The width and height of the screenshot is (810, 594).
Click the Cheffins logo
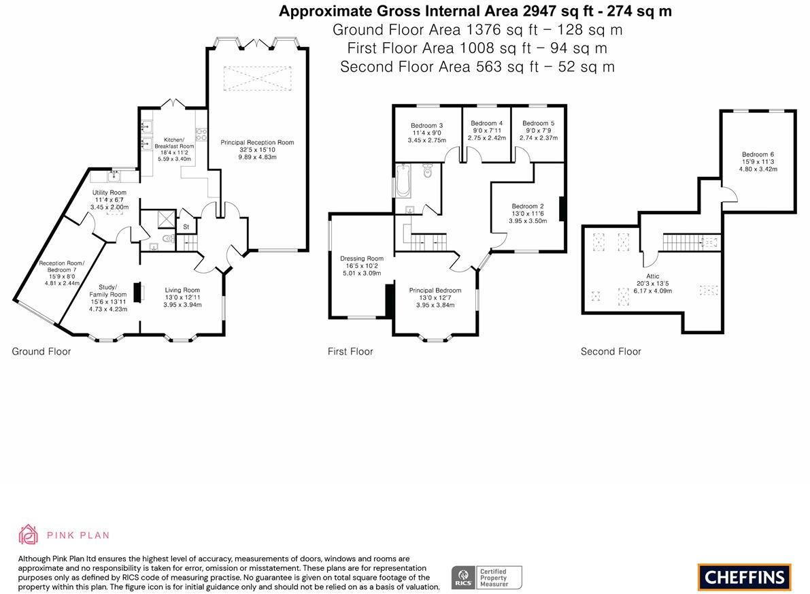coord(744,577)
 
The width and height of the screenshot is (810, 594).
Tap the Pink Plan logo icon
coord(28,534)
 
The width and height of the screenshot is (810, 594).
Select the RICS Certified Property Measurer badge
coord(486,577)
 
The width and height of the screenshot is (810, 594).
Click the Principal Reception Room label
coord(257,142)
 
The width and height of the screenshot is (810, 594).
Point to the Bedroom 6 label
coord(758,154)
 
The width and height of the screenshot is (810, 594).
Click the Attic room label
coord(653,276)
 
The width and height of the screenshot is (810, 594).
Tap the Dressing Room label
coord(362,259)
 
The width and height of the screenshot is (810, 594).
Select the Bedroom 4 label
coord(486,123)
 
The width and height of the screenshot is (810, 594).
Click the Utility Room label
coord(109,193)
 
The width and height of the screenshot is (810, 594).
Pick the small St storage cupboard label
coord(186,227)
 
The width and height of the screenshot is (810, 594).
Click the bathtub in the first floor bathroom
coord(402,180)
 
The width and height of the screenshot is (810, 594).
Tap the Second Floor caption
coord(611,351)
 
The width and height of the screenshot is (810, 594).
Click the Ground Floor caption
coord(41,351)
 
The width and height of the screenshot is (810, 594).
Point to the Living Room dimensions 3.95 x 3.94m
coord(182,305)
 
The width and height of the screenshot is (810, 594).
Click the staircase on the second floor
coord(682,242)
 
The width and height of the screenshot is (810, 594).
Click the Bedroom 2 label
coord(528,206)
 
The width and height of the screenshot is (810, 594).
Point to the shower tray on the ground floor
coord(165,219)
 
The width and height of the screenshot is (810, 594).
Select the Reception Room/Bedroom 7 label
coord(59,267)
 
